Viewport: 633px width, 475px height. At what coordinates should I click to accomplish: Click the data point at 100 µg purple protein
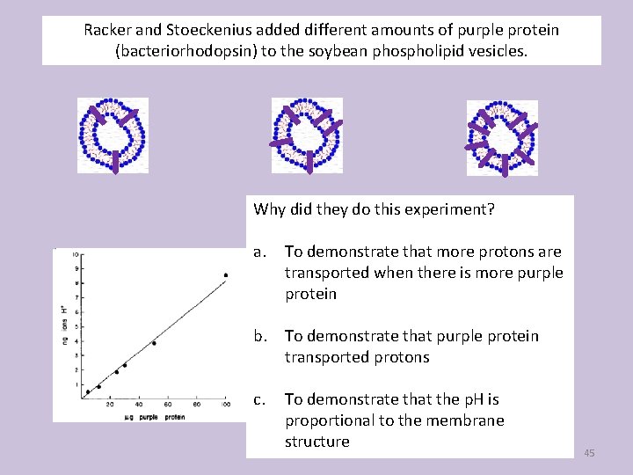226,275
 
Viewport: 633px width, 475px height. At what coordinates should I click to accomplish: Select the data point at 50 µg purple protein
154,343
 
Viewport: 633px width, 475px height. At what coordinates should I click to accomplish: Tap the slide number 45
589,452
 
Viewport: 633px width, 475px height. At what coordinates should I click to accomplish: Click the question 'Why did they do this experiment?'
374,209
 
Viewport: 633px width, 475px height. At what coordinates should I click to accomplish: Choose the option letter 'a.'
259,252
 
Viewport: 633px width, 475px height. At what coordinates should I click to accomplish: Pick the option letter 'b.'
260,336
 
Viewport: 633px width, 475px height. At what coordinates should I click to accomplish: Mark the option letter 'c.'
259,399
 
